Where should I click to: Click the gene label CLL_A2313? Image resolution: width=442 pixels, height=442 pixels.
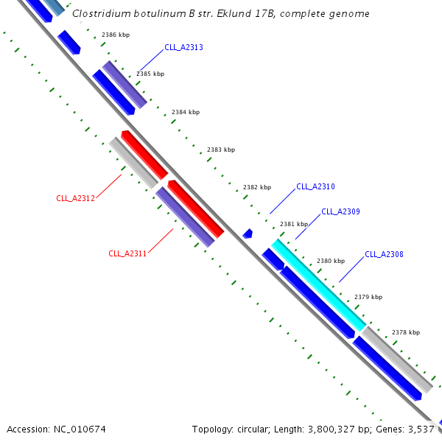[183, 47]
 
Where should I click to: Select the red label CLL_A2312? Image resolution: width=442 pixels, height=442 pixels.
[75, 198]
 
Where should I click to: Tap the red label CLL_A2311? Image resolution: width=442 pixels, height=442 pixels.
[127, 253]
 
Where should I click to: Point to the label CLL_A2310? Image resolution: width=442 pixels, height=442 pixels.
[315, 187]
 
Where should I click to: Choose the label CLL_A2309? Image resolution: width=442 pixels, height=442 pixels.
[340, 212]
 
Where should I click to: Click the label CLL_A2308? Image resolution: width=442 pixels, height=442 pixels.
[384, 255]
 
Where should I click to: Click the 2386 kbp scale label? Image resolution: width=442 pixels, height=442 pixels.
[115, 35]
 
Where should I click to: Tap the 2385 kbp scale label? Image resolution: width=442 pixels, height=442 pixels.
[150, 74]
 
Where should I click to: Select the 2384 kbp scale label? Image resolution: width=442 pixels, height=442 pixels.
[186, 112]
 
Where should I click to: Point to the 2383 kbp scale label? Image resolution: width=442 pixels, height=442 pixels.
[221, 150]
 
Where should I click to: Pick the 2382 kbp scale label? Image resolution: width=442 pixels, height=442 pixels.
[257, 187]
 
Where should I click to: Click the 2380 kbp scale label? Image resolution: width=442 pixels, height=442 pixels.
[330, 261]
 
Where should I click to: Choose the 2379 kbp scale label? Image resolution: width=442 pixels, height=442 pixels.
[368, 297]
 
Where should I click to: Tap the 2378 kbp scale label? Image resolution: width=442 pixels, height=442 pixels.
[405, 332]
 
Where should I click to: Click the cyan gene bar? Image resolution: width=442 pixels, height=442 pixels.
[318, 284]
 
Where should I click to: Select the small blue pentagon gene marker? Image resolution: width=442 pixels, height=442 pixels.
[248, 234]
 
